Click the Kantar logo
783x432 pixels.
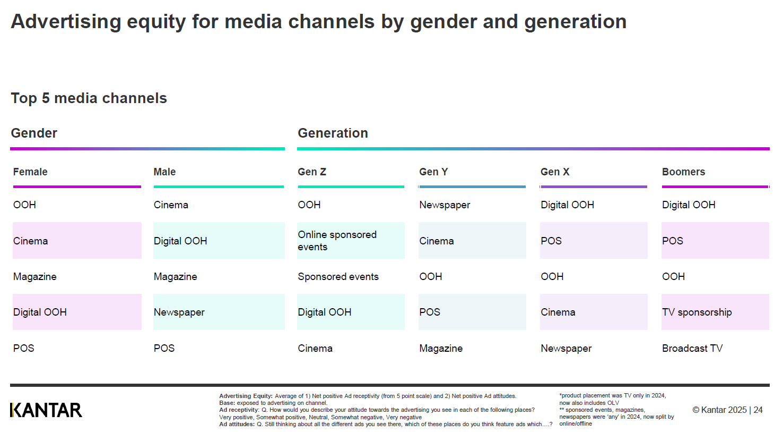[x=46, y=410]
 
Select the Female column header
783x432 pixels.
[x=30, y=172]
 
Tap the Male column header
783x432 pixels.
[x=164, y=172]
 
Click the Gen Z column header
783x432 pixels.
[x=312, y=172]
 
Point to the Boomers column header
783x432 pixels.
[x=683, y=172]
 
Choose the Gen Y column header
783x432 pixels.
[x=433, y=172]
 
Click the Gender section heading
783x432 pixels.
[x=34, y=133]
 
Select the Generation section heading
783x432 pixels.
[x=333, y=133]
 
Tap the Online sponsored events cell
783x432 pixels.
[x=337, y=241]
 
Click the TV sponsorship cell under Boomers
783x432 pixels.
[x=697, y=312]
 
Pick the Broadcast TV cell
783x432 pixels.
[x=692, y=349]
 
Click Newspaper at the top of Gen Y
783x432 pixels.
[x=444, y=205]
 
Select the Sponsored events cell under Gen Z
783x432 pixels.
[x=338, y=276]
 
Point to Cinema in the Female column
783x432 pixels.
[x=30, y=241]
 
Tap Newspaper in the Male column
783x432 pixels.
[x=179, y=312]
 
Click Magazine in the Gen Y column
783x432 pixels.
[x=441, y=349]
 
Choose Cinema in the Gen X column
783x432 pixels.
[x=558, y=312]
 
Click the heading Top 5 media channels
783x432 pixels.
[x=89, y=98]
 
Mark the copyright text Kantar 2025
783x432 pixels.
[x=719, y=410]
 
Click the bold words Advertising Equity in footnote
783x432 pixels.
[x=246, y=396]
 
